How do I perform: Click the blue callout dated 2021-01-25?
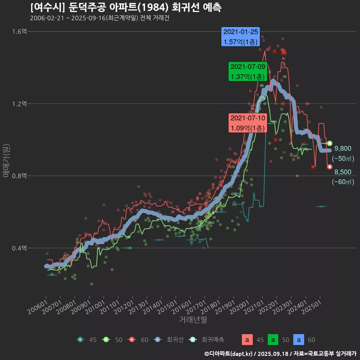pos(240,37)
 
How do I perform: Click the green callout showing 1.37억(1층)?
pos(247,72)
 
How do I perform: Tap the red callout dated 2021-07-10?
pos(247,123)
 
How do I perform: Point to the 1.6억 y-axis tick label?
pos(19,31)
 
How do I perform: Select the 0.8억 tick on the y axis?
pos(19,176)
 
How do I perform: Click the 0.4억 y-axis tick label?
pos(19,248)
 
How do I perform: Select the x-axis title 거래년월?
pos(193,319)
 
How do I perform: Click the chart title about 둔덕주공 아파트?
pos(126,7)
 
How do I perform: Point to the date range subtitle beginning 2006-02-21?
pos(99,18)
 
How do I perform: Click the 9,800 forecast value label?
pos(343,148)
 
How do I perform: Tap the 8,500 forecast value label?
pos(343,172)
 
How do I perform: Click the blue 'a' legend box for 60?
pos(298,340)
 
